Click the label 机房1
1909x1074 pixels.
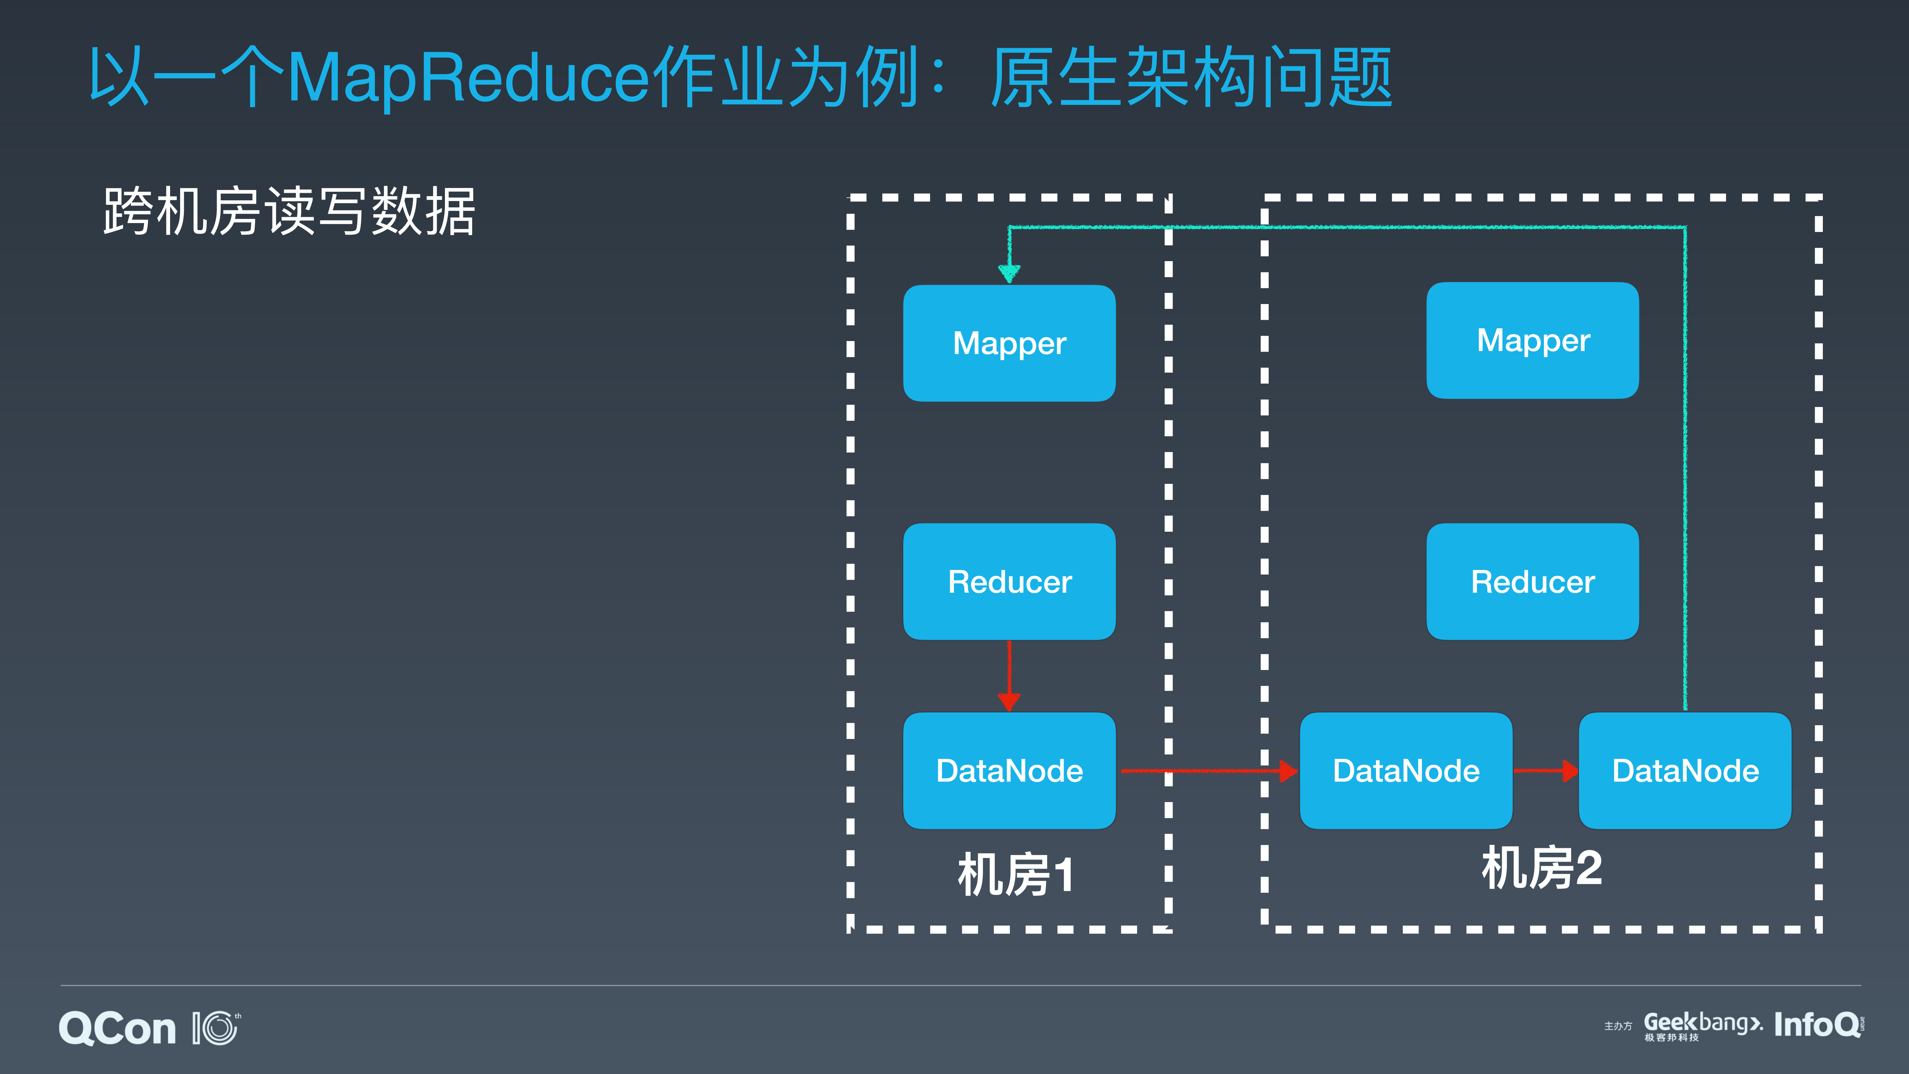coord(1015,875)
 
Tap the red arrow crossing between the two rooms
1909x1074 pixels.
coord(1208,771)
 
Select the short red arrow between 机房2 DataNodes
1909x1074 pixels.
coord(1545,771)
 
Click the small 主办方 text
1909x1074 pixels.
coord(1618,1027)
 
